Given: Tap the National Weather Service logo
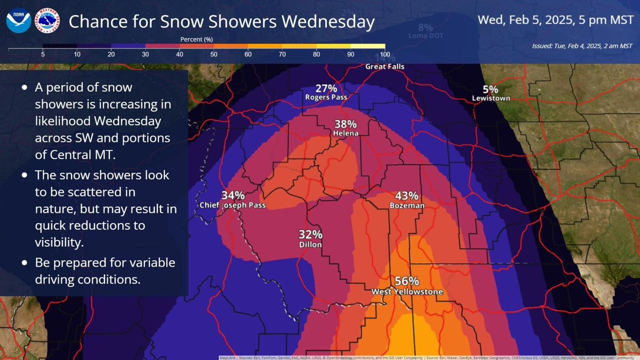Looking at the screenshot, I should point(47,22).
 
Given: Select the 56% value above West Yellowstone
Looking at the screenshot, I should point(407,282).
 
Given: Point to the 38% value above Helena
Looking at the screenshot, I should point(346,124).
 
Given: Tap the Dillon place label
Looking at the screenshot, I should point(310,244).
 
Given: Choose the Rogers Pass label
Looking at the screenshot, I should point(326,98).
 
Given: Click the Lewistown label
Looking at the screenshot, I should point(491,98).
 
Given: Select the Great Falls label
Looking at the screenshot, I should point(385,67).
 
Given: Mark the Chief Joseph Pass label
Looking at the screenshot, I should point(233,205).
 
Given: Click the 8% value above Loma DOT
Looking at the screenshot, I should point(426,28).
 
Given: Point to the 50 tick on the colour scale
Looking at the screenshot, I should point(213,54).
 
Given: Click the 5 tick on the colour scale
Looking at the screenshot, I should point(43,54).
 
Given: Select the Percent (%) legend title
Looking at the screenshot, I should point(197,39).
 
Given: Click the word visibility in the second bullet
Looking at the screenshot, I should point(59,243).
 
